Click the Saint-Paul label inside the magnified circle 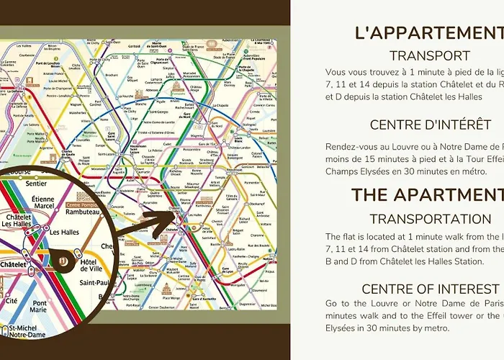pyautogui.click(x=95, y=282)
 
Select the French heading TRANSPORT pyautogui.click(x=429, y=55)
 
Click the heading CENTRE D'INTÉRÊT pyautogui.click(x=430, y=125)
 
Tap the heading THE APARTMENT pyautogui.click(x=427, y=194)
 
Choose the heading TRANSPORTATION pyautogui.click(x=429, y=219)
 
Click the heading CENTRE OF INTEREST pyautogui.click(x=430, y=289)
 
